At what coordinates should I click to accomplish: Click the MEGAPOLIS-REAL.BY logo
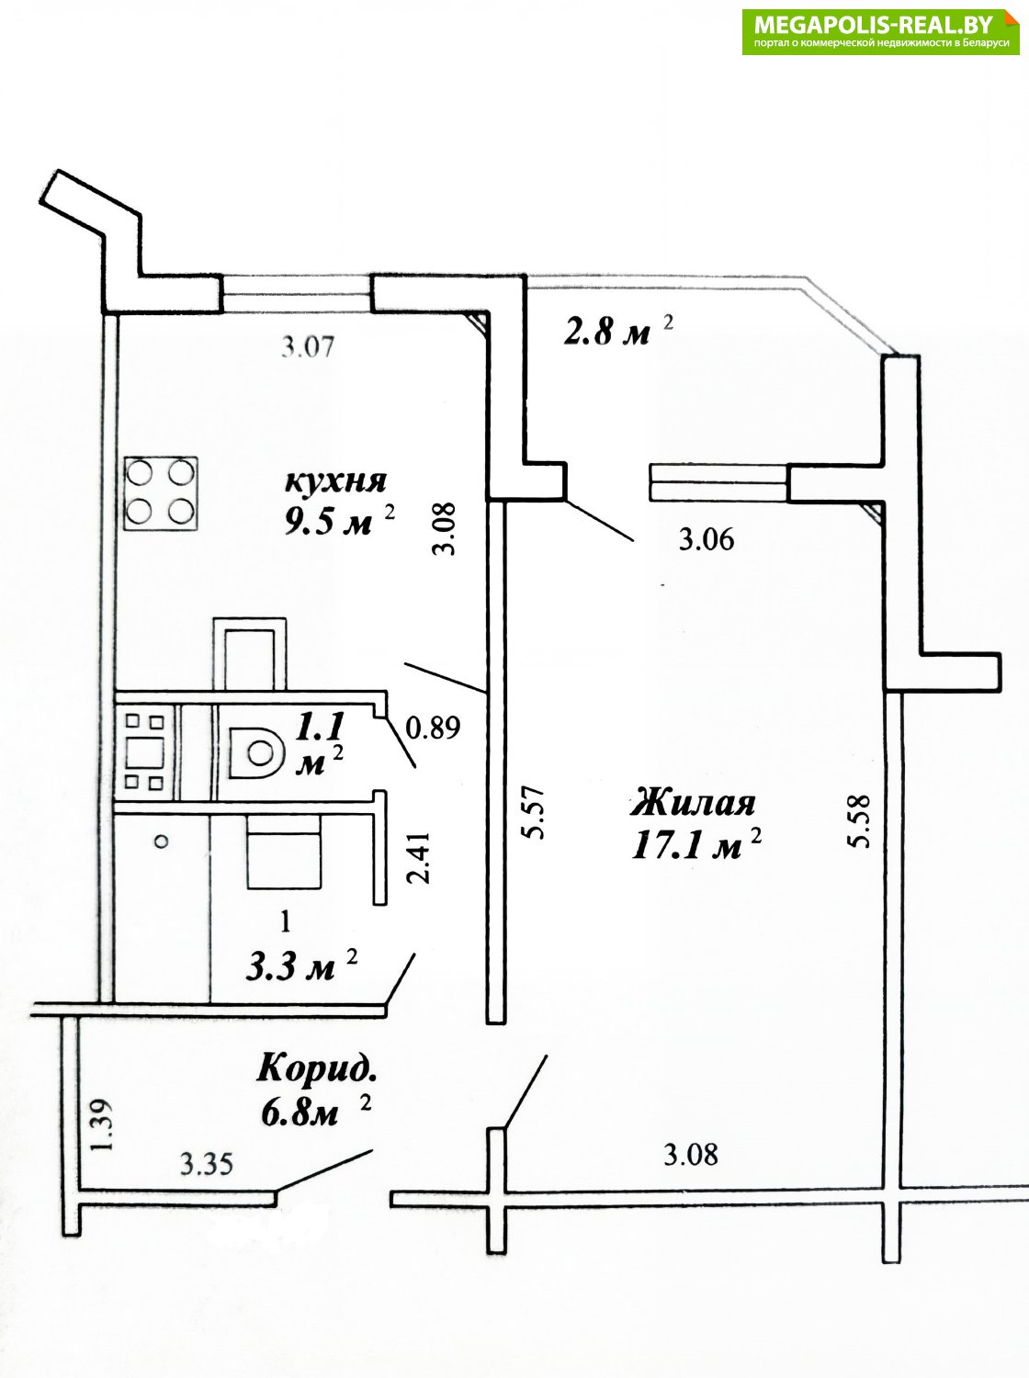(x=881, y=31)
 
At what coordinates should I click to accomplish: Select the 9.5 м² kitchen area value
(x=340, y=521)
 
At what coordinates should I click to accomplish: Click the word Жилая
(x=693, y=804)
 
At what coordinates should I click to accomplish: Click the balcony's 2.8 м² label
(x=618, y=332)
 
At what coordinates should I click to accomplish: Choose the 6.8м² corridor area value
(x=314, y=1112)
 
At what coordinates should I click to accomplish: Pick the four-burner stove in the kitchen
(x=162, y=493)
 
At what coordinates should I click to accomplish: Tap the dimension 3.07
(x=309, y=346)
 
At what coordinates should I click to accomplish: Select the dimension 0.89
(x=434, y=728)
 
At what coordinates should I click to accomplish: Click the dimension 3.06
(x=707, y=540)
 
